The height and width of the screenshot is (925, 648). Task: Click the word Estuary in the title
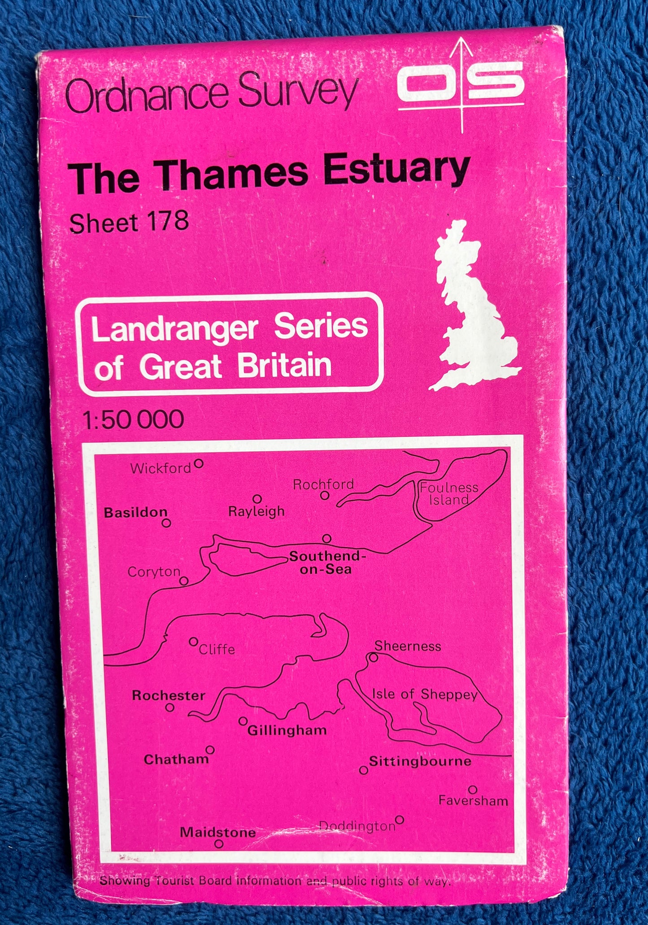396,171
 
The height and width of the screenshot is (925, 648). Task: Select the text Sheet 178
128,223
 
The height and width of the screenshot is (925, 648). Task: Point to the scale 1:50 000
133,419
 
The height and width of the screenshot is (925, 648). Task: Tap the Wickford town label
161,469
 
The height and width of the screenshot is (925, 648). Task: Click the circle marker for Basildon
166,523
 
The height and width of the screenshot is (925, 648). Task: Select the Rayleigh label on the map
256,511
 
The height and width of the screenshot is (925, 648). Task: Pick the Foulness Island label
448,493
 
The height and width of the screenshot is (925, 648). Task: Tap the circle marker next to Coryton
183,581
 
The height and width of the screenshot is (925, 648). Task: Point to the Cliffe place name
217,649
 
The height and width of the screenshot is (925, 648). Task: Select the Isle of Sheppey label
424,694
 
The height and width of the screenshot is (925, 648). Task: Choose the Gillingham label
287,730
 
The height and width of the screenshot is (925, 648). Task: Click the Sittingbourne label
420,761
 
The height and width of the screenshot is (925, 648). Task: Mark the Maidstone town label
218,833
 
